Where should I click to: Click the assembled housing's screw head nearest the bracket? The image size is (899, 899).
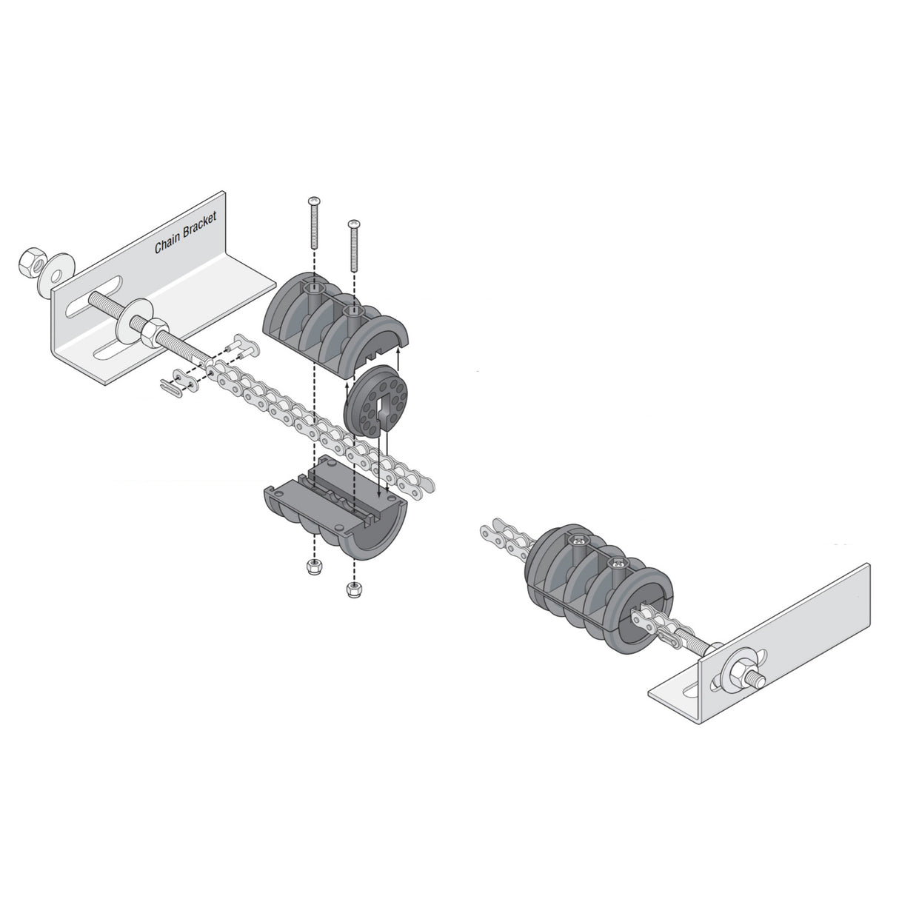pyautogui.click(x=615, y=565)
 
